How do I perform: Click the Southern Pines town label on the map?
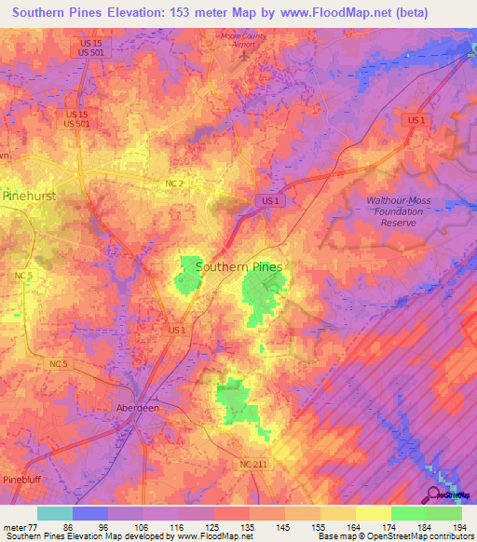(239, 266)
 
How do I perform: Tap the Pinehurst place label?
(30, 196)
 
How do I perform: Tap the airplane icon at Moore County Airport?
(244, 55)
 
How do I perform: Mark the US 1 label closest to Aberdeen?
(177, 330)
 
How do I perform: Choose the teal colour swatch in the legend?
(54, 513)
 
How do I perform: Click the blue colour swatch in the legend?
(89, 513)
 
